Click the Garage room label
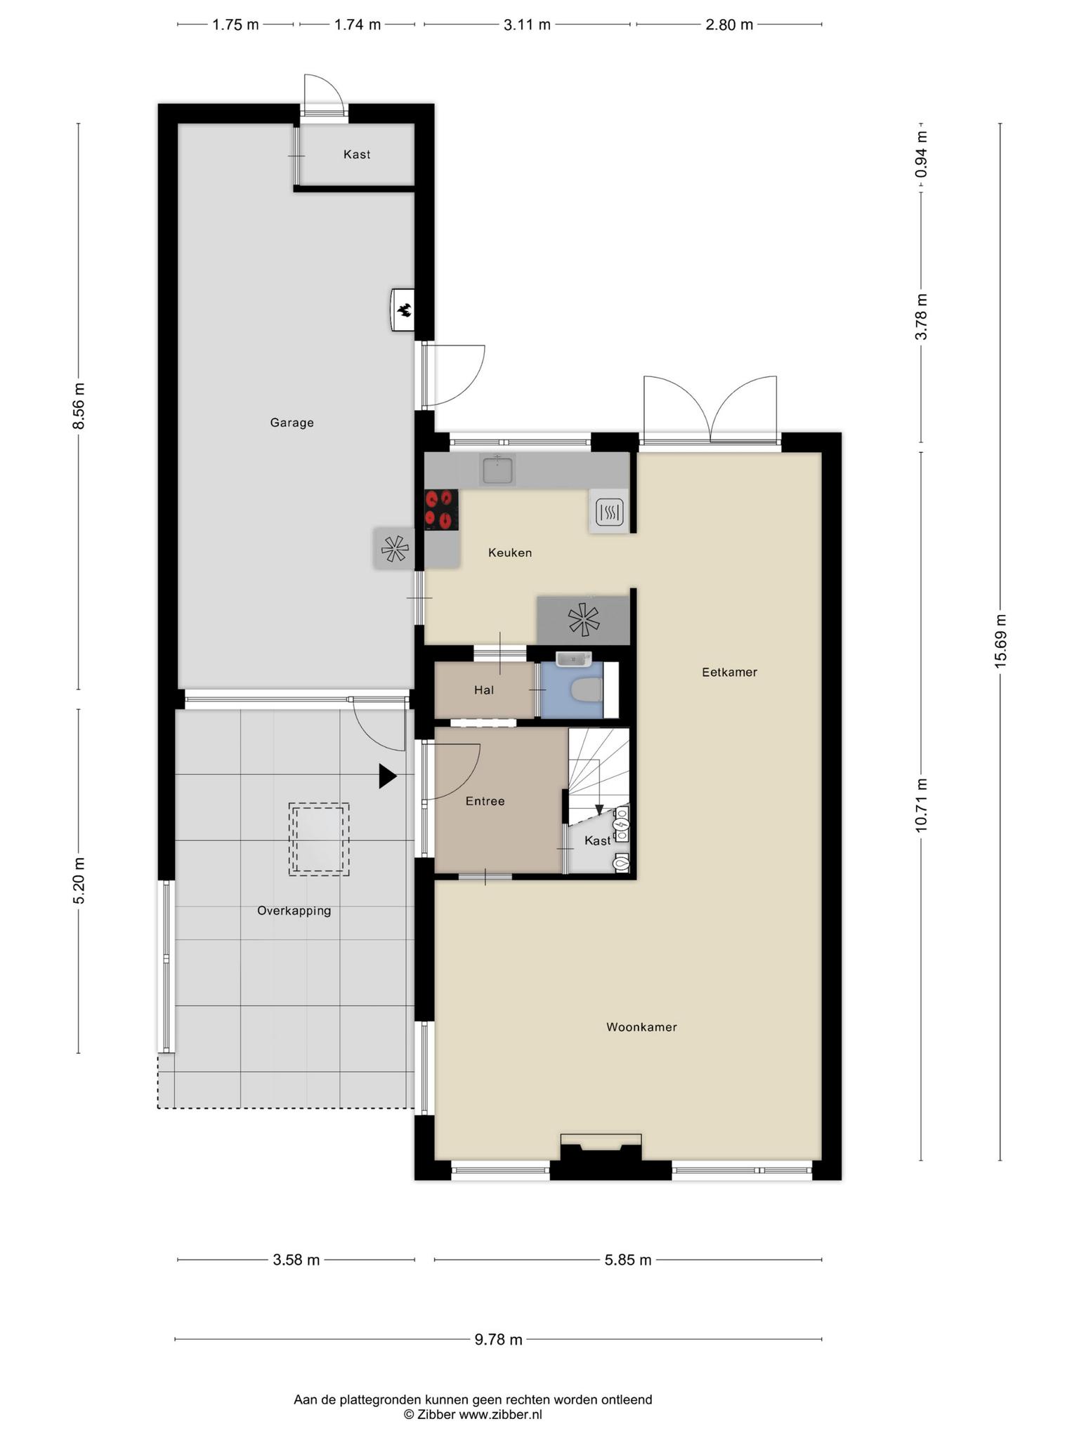pyautogui.click(x=292, y=423)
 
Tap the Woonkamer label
pyautogui.click(x=641, y=1027)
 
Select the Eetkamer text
pyautogui.click(x=729, y=672)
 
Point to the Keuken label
pyautogui.click(x=510, y=553)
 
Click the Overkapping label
pyautogui.click(x=294, y=911)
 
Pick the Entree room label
pyautogui.click(x=485, y=801)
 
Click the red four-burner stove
pyautogui.click(x=441, y=509)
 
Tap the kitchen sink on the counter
pyautogui.click(x=497, y=469)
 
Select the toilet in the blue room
pyautogui.click(x=587, y=690)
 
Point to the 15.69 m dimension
pyautogui.click(x=1000, y=641)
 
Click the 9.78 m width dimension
pyautogui.click(x=498, y=1339)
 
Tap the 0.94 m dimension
pyautogui.click(x=921, y=154)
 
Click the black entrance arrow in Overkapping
pyautogui.click(x=388, y=776)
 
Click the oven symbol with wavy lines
pyautogui.click(x=609, y=513)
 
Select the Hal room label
pyautogui.click(x=484, y=690)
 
